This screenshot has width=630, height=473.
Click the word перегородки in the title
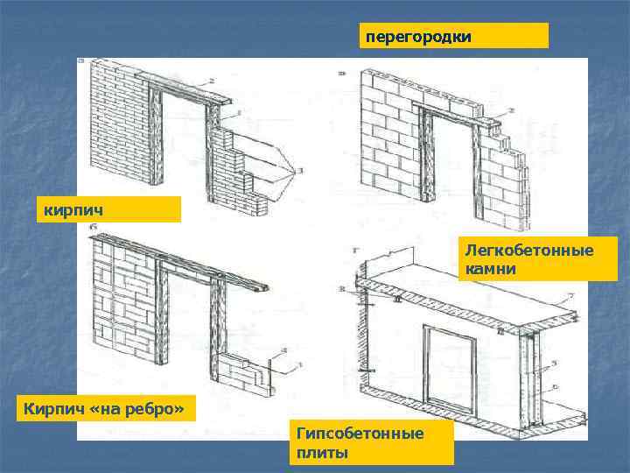click(x=418, y=37)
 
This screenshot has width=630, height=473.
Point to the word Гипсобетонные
click(x=360, y=434)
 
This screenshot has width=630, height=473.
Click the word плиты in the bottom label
click(x=322, y=452)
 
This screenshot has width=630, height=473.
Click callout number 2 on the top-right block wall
click(x=510, y=111)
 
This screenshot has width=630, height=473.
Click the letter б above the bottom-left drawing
click(x=93, y=229)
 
